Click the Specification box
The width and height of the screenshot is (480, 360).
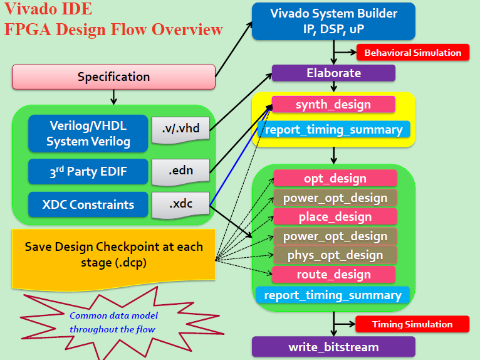113,77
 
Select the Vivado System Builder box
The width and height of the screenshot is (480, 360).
333,21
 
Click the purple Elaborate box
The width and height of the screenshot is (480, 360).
333,73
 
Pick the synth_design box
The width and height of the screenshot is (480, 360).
333,105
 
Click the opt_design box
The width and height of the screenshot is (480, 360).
335,178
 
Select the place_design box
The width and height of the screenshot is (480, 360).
335,217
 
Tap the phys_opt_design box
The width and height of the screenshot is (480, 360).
335,255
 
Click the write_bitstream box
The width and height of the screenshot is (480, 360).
333,347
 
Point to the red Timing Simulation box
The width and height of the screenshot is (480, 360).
412,324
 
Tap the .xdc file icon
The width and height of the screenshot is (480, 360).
180,204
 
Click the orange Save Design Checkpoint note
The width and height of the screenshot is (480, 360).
113,255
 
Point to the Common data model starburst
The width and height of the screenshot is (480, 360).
113,322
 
